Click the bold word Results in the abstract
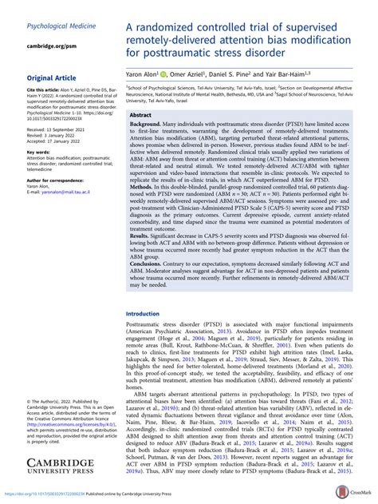(x=143, y=256)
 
